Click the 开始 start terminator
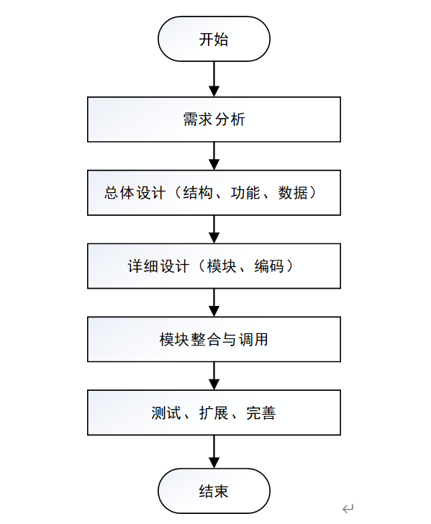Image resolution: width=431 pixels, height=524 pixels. pos(214,39)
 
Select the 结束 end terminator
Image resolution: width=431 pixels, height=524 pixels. pos(214,491)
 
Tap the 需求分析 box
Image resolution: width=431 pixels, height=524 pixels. pos(214,119)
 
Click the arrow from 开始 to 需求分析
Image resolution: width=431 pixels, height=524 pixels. pos(214,79)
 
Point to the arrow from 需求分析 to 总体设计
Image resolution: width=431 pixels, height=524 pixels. pos(214,156)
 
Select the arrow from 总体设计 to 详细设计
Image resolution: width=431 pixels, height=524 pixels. pos(214,229)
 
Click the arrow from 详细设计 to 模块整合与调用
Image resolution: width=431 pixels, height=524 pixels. pos(214,302)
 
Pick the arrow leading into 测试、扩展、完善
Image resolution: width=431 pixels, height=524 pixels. pos(214,376)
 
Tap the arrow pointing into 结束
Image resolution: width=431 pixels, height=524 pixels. pos(214,451)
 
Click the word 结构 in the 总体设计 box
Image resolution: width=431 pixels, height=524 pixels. pos(198,193)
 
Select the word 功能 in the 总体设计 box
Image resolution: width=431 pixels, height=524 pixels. pos(245,193)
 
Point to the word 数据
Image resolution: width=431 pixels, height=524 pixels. pos(293,193)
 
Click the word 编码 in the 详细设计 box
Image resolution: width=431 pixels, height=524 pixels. pos(269,266)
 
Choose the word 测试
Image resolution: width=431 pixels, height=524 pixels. pos(166,412)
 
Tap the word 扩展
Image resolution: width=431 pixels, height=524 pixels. pos(214,412)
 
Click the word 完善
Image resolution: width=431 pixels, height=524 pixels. pos(261,412)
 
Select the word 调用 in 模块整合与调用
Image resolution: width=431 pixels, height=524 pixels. pos(253,340)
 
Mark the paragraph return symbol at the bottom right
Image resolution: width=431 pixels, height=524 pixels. pos(348,509)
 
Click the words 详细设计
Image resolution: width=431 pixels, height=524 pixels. pos(158,266)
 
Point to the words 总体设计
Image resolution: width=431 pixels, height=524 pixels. pos(135,193)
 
